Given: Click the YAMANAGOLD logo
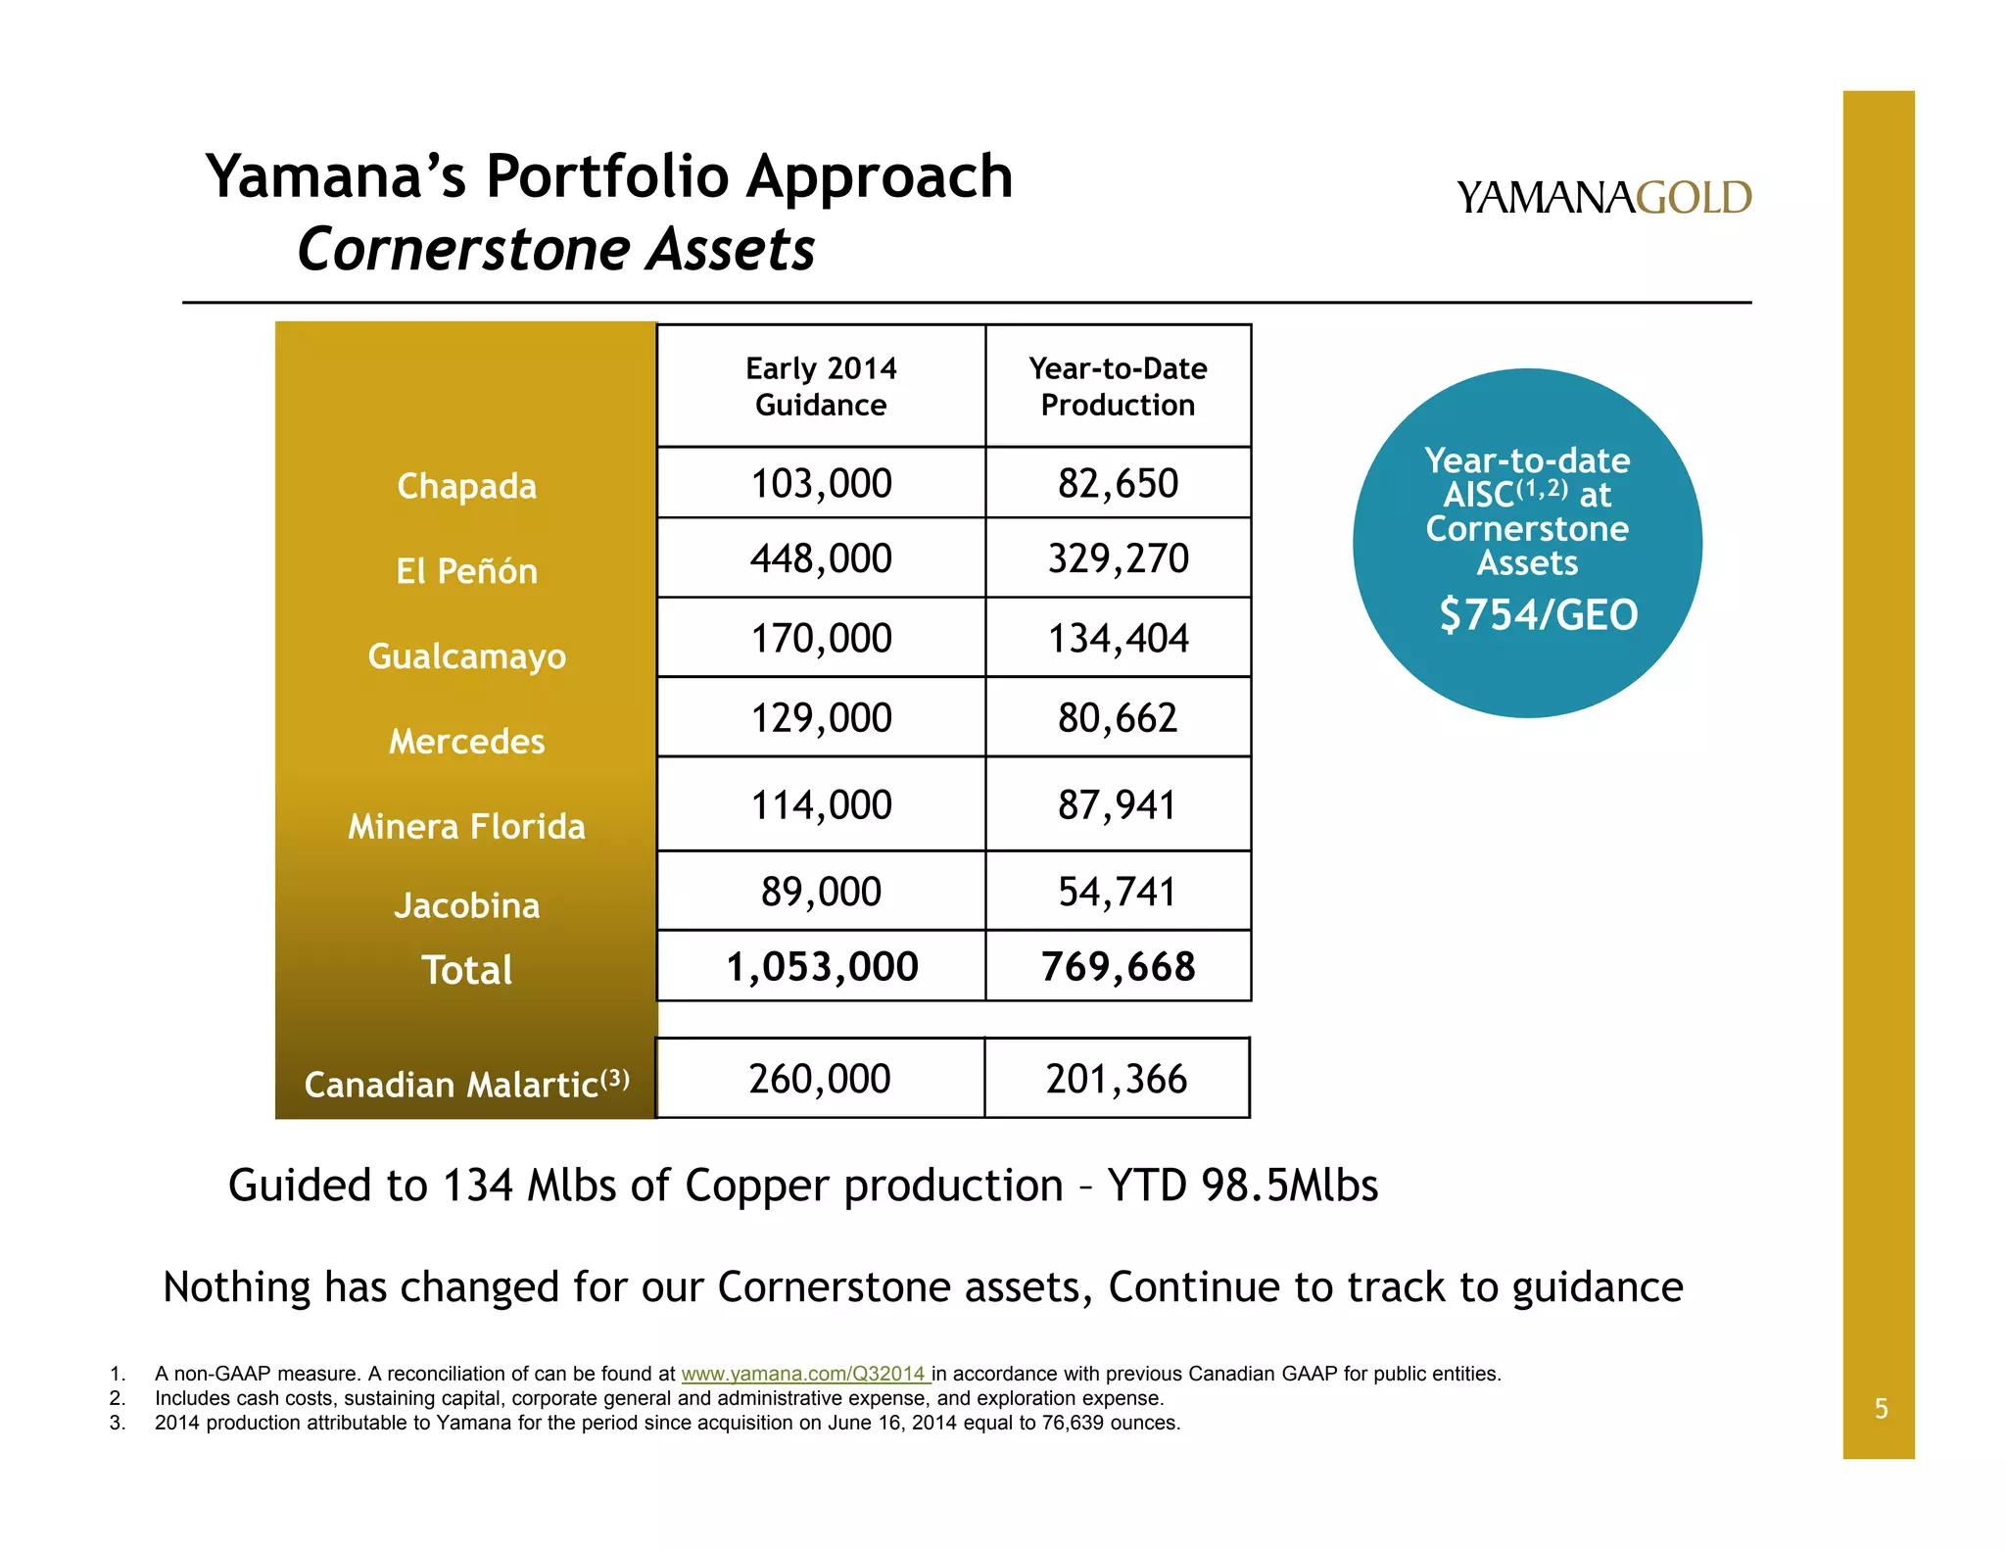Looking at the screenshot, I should coord(1603,198).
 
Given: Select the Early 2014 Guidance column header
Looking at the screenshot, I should coord(821,387).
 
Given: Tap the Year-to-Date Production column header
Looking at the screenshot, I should coord(1118,387).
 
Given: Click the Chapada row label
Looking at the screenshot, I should coord(466,486).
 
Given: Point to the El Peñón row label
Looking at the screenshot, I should coord(466,571).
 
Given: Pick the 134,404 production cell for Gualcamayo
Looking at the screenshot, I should coord(1118,639).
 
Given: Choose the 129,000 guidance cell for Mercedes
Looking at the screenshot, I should coord(821,718).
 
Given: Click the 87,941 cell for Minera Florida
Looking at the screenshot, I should coord(1118,805).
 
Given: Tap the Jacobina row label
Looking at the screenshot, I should coord(466,906).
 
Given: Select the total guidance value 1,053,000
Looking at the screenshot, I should coord(821,967).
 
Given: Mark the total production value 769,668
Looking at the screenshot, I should coord(1118,967).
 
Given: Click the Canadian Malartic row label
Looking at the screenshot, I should coord(466,1085).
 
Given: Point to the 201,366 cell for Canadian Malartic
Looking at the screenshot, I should coord(1117,1079).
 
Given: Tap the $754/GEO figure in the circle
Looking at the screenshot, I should coord(1538,615).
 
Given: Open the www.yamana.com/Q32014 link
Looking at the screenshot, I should coord(804,1374).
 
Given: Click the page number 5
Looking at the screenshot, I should coord(1881,1409).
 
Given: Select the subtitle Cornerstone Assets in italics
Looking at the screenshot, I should coord(555,249).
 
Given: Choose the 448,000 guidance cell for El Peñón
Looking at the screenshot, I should coord(821,558).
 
